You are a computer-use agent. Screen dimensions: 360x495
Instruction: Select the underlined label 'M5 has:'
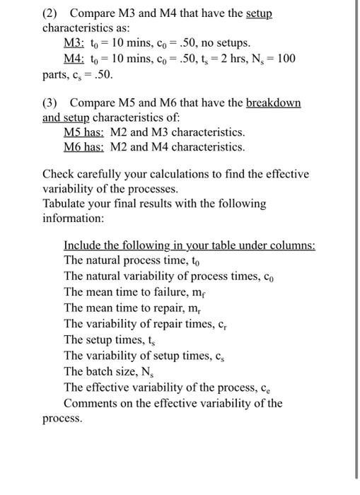click(x=84, y=132)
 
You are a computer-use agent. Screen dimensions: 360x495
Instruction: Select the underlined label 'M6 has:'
click(x=84, y=147)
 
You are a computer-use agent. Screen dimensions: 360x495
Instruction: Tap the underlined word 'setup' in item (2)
click(x=255, y=13)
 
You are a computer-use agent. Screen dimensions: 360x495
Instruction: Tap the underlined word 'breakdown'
click(x=273, y=103)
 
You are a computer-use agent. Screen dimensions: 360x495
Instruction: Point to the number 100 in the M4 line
click(x=286, y=58)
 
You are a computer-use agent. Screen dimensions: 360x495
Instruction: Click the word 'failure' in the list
click(x=168, y=291)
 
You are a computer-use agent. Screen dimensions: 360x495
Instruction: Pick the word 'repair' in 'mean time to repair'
click(x=167, y=305)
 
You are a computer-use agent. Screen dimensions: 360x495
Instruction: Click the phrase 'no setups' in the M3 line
click(x=221, y=42)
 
